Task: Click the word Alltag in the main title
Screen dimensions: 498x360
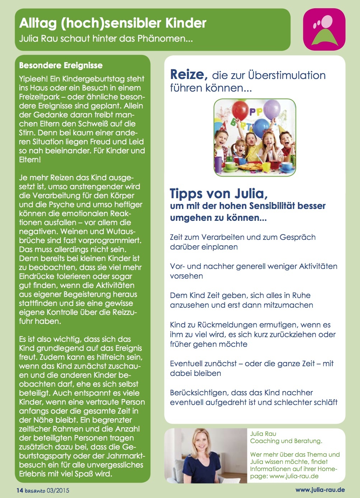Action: click(38, 23)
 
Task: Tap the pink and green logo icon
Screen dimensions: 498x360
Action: click(324, 29)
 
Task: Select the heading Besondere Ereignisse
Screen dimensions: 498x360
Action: click(61, 65)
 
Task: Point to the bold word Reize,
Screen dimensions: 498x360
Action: click(188, 75)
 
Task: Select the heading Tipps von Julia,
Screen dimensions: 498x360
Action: click(219, 194)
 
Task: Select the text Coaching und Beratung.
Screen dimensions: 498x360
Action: click(286, 441)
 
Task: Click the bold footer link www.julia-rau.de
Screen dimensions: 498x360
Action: click(320, 490)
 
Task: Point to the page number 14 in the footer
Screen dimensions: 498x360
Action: click(20, 490)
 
